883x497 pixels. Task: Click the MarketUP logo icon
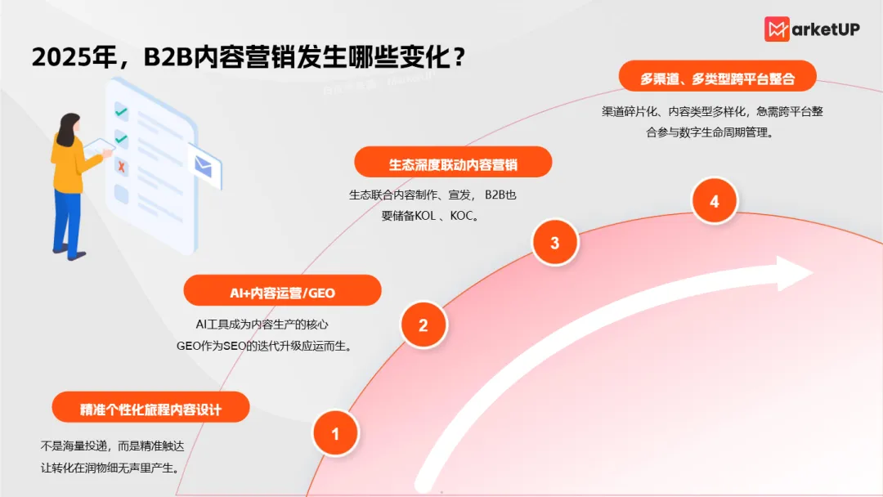click(x=778, y=29)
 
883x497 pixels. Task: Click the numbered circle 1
click(x=335, y=433)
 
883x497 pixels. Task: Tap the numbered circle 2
click(x=424, y=325)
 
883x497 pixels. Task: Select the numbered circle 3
click(x=555, y=243)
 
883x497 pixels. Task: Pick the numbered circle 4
click(x=715, y=201)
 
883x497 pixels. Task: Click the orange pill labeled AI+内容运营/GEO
click(x=282, y=291)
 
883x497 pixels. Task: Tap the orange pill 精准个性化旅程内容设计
click(x=150, y=407)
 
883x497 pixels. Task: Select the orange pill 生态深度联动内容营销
click(x=453, y=163)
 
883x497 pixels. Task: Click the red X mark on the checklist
click(x=122, y=167)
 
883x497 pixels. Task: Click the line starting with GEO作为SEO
click(x=263, y=345)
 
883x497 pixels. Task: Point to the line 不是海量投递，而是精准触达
click(x=117, y=446)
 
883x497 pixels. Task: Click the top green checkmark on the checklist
click(x=121, y=111)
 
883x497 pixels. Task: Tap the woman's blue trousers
click(x=68, y=219)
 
